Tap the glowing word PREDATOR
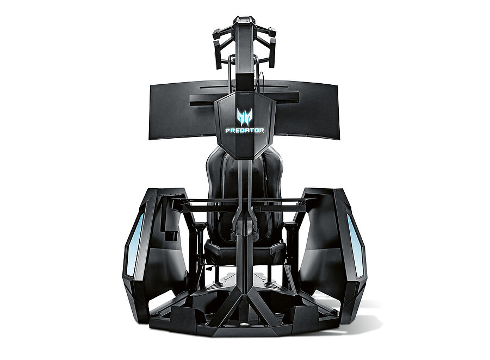coord(245,131)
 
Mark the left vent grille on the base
coord(215,286)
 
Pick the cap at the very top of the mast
coord(244,21)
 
